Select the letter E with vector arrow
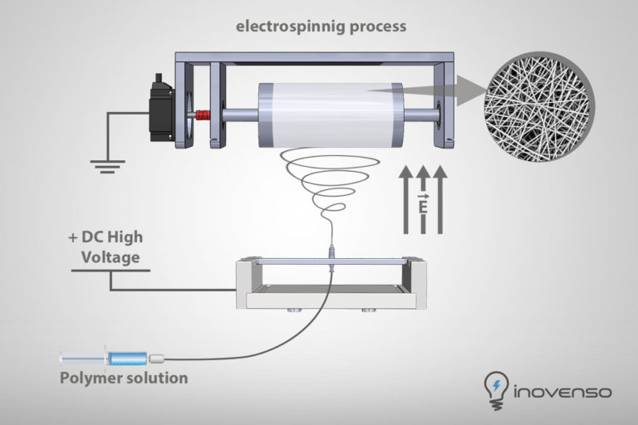pos(422,202)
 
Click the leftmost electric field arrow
pos(405,199)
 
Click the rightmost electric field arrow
pos(440,199)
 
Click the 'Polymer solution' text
pos(123,379)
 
